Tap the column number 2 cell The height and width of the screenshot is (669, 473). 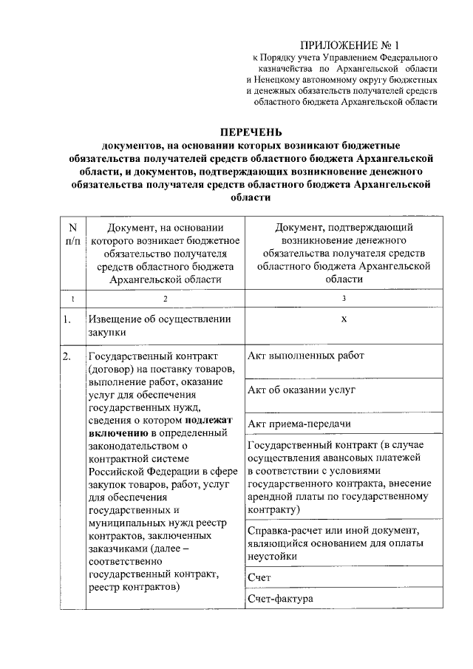pyautogui.click(x=165, y=298)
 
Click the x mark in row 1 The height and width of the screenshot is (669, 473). pyautogui.click(x=344, y=319)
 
